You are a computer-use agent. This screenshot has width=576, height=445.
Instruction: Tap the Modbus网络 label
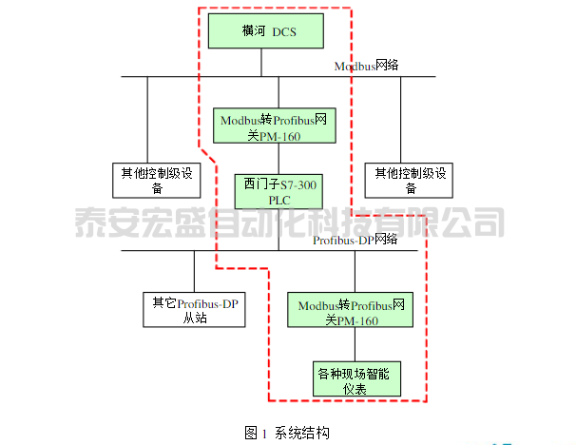(x=366, y=66)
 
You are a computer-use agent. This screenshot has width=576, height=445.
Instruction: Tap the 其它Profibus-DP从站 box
(x=194, y=310)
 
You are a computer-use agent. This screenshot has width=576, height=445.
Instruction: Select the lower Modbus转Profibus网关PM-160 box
(x=353, y=313)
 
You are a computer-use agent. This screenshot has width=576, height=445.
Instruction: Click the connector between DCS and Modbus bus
(x=261, y=63)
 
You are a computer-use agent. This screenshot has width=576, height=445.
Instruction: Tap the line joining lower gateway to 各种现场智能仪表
(x=354, y=347)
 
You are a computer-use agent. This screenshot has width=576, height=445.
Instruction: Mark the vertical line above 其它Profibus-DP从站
(x=194, y=270)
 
